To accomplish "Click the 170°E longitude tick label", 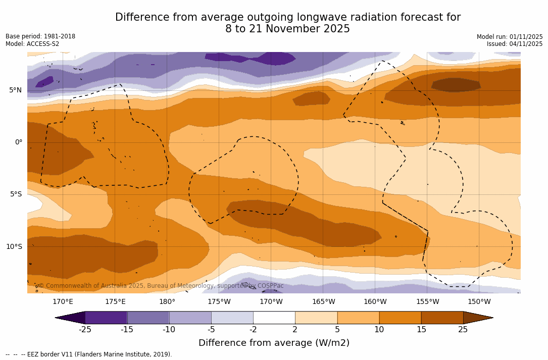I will point(63,302).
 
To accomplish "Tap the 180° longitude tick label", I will point(167,302).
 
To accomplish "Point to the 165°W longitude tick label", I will point(323,302).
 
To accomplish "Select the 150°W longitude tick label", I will point(479,302).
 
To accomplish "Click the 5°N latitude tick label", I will point(15,90).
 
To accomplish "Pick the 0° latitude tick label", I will point(19,142).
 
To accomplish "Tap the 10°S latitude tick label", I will point(14,247).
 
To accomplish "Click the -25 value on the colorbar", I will point(85,330).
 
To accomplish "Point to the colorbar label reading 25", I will point(463,330).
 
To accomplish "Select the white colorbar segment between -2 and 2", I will point(274,318).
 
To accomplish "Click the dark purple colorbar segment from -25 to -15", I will point(106,318).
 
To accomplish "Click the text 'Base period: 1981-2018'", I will point(40,36).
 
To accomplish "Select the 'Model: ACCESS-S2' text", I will point(32,44).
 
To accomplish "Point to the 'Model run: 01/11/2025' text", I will point(510,37).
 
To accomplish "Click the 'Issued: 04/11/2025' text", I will point(515,44).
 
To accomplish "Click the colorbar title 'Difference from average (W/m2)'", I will point(274,343).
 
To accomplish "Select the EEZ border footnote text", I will point(89,354).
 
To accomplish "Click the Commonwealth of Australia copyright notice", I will point(161,286).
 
